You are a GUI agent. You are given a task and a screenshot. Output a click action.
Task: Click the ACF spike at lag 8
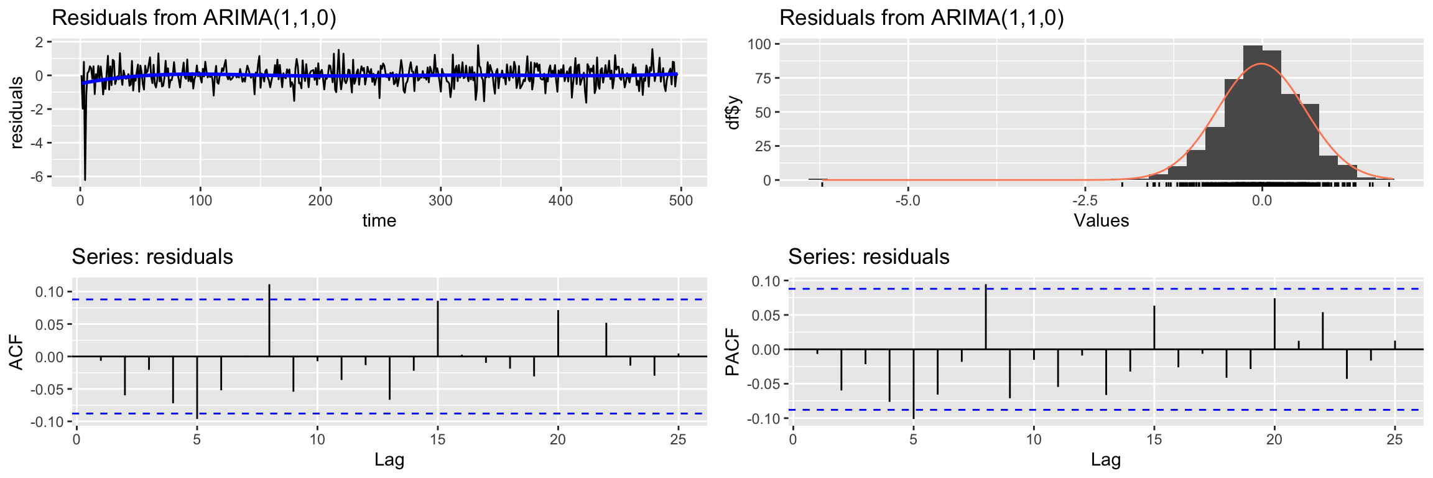[x=269, y=321]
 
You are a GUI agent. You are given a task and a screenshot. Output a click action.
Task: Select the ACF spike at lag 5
[x=197, y=387]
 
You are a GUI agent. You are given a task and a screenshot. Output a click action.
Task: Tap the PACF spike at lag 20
[x=1274, y=324]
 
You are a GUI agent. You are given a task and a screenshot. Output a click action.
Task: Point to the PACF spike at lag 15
[x=1154, y=327]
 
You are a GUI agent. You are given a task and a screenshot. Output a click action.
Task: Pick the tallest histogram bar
[x=1253, y=112]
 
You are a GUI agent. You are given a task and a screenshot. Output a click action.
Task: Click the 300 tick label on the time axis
[x=440, y=200]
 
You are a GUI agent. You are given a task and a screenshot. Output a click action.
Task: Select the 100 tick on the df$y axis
[x=759, y=44]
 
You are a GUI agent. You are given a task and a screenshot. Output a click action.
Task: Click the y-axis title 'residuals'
[x=17, y=112]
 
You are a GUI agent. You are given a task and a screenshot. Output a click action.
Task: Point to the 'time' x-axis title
[x=379, y=220]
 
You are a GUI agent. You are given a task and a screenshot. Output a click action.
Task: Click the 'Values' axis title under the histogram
[x=1101, y=220]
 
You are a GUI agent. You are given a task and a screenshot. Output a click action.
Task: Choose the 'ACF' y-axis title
[x=17, y=353]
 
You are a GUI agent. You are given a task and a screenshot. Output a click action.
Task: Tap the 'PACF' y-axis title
[x=733, y=352]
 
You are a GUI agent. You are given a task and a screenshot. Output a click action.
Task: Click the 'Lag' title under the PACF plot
[x=1105, y=460]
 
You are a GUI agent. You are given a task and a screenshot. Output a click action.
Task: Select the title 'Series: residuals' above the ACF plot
[x=152, y=256]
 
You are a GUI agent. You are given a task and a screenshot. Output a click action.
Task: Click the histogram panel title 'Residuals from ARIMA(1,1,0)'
[x=922, y=18]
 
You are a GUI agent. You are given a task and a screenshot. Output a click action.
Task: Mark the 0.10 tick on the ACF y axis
[x=49, y=292]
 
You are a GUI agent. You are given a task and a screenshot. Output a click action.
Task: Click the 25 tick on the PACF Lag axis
[x=1395, y=439]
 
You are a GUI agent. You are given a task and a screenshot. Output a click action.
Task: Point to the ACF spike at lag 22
[x=606, y=340]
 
